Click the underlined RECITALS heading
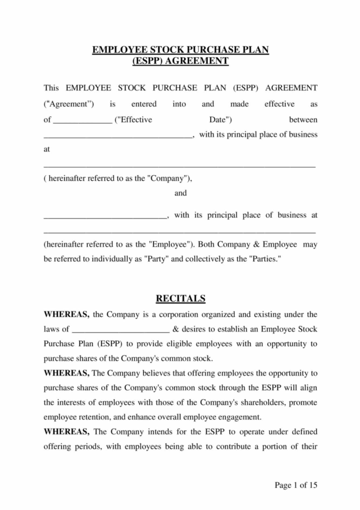pyautogui.click(x=180, y=298)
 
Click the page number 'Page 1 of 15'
pyautogui.click(x=296, y=485)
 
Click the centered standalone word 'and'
pyautogui.click(x=180, y=193)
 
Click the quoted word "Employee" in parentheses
pyautogui.click(x=170, y=244)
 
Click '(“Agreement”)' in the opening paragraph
pyautogui.click(x=69, y=104)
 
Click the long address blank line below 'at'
pyautogui.click(x=180, y=166)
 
